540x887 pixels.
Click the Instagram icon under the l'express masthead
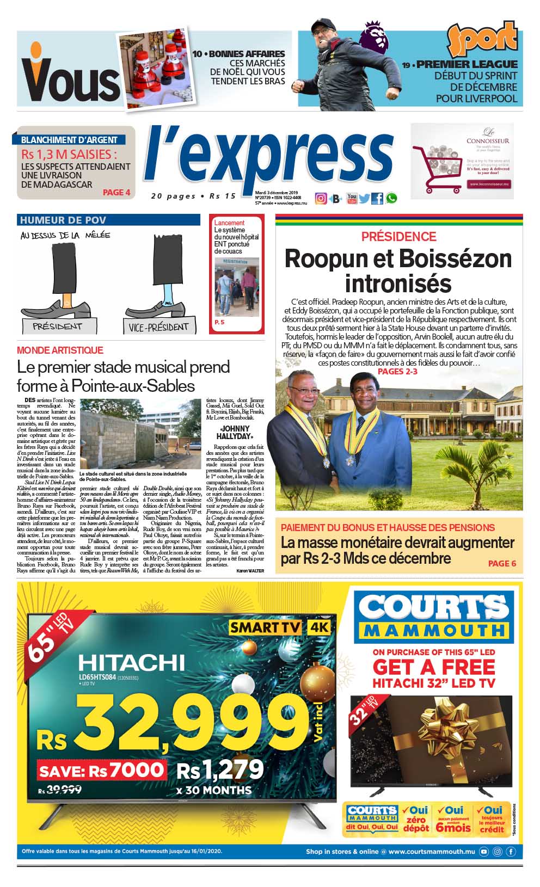(321, 199)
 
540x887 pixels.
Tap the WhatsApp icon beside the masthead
(391, 199)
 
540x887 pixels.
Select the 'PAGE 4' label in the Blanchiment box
(116, 192)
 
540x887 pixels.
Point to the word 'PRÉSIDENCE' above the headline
(399, 237)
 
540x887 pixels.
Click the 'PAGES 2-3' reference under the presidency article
(397, 372)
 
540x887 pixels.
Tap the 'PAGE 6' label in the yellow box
(502, 563)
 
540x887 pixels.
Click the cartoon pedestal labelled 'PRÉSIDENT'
(58, 327)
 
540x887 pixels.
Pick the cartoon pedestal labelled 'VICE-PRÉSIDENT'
(158, 327)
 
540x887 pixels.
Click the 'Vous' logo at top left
(70, 81)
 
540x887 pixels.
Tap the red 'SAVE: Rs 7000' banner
(101, 770)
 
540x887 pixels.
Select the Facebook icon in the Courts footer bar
(511, 852)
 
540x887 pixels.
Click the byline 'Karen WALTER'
(250, 571)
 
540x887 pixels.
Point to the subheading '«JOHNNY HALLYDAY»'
(235, 433)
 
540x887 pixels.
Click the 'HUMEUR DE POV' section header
(63, 220)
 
